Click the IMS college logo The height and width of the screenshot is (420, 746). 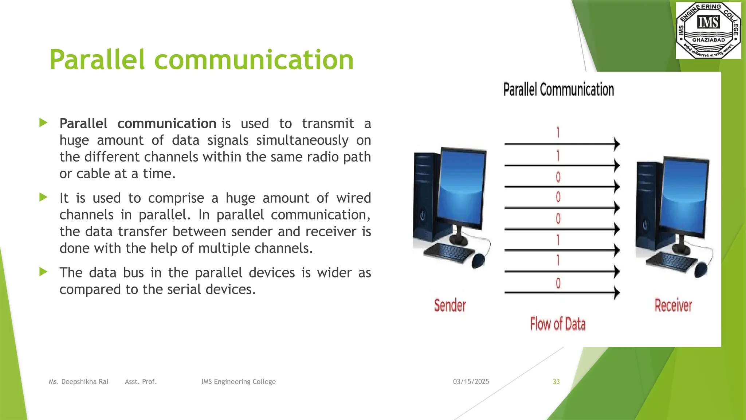(708, 30)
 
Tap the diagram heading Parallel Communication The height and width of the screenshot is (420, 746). (558, 90)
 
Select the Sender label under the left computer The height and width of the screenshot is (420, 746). (450, 306)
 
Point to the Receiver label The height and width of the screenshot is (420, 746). (673, 306)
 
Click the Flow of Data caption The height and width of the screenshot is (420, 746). (558, 324)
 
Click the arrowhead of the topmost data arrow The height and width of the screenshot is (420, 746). (617, 144)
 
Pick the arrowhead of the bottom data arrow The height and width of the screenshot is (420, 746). (617, 292)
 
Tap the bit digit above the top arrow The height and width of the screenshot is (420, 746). (558, 132)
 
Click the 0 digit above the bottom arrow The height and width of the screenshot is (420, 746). (558, 283)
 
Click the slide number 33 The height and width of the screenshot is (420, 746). (556, 382)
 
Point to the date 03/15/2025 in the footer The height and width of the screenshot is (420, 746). (471, 382)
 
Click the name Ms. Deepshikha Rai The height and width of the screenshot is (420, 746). (79, 382)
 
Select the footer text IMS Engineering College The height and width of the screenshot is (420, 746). (239, 382)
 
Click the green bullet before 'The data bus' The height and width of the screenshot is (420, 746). (43, 272)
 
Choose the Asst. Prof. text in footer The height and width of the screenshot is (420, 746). (141, 382)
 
